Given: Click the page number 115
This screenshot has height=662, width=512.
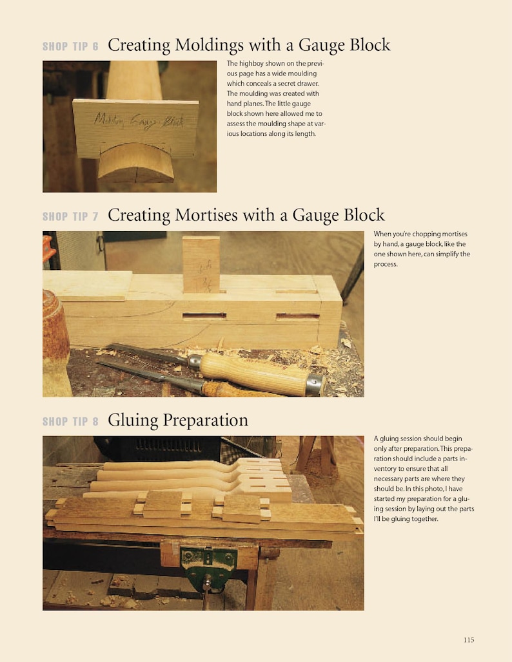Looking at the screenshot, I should pyautogui.click(x=469, y=639).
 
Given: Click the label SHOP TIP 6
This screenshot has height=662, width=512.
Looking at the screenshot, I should pyautogui.click(x=70, y=46).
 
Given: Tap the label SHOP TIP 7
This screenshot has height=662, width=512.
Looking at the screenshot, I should pyautogui.click(x=70, y=216).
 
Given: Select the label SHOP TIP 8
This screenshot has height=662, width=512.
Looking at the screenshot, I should pyautogui.click(x=70, y=422).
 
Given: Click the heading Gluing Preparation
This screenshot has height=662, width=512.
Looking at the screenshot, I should pyautogui.click(x=178, y=421).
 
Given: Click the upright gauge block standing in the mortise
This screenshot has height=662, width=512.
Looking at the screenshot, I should pyautogui.click(x=201, y=264).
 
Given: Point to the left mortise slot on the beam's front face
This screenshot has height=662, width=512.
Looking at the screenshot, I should pyautogui.click(x=204, y=316).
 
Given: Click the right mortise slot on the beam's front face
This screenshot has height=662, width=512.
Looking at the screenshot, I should pyautogui.click(x=297, y=317).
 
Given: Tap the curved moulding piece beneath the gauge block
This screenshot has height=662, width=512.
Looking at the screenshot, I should pyautogui.click(x=136, y=163).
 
